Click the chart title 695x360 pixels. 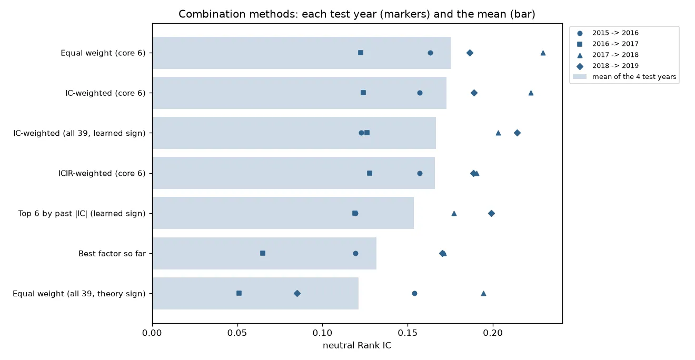pos(357,14)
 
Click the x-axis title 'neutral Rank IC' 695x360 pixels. pos(357,345)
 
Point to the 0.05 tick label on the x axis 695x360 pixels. pos(237,333)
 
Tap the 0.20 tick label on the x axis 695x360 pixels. pos(493,333)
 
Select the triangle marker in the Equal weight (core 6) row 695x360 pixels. pos(543,53)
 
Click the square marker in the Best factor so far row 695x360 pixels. pos(263,253)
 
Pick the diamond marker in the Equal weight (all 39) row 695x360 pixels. pos(297,293)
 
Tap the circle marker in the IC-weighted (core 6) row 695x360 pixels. pos(420,93)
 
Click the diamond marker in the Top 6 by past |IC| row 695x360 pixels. pos(491,213)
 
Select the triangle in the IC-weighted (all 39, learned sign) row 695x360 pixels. pos(498,133)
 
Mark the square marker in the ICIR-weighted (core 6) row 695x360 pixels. pos(370,173)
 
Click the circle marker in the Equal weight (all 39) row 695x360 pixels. pos(414,293)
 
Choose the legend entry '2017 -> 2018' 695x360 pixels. pos(615,55)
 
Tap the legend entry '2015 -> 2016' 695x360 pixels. pos(615,33)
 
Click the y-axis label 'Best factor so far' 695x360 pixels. pos(112,254)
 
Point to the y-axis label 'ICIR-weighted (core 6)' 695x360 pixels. pos(102,173)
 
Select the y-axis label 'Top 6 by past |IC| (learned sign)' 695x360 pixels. pos(82,213)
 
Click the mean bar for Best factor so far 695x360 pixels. pos(264,253)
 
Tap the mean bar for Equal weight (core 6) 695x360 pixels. pos(302,53)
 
